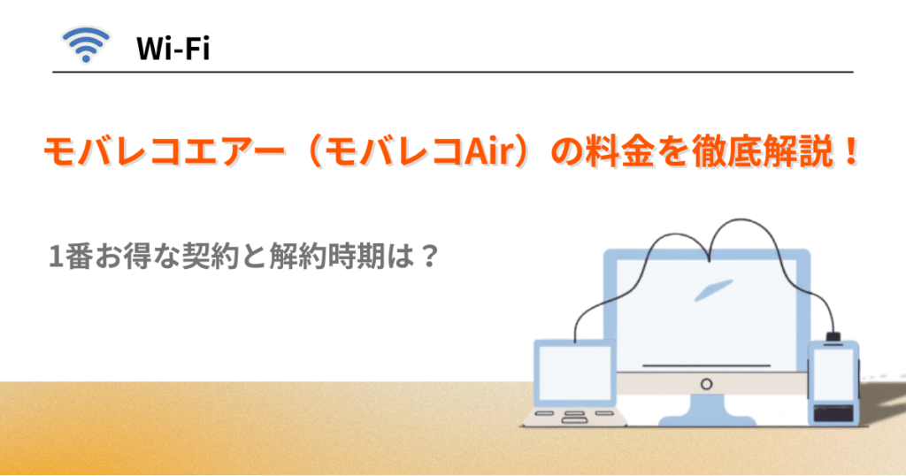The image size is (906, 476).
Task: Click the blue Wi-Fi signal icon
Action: click(x=86, y=44)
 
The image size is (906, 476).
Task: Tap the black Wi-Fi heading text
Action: click(x=173, y=48)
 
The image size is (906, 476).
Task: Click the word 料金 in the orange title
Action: click(x=620, y=151)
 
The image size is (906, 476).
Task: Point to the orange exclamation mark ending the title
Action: click(x=849, y=150)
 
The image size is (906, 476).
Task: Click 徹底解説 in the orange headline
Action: click(x=763, y=151)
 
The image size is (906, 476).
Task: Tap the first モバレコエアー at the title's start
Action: click(x=164, y=152)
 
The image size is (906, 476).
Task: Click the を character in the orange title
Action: click(x=673, y=151)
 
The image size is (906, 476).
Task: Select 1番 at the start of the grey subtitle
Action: click(x=71, y=256)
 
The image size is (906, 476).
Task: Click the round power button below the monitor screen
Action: click(x=706, y=384)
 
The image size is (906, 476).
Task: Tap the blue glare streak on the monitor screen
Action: click(x=713, y=290)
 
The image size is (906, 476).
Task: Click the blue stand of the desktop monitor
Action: click(x=707, y=411)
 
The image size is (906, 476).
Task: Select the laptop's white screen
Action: click(x=574, y=373)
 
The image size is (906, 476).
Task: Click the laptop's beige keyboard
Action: click(x=574, y=417)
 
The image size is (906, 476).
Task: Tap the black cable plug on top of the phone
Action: click(x=833, y=337)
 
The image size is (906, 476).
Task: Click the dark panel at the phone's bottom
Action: click(x=833, y=413)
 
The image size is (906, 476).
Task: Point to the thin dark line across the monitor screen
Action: click(x=707, y=365)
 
